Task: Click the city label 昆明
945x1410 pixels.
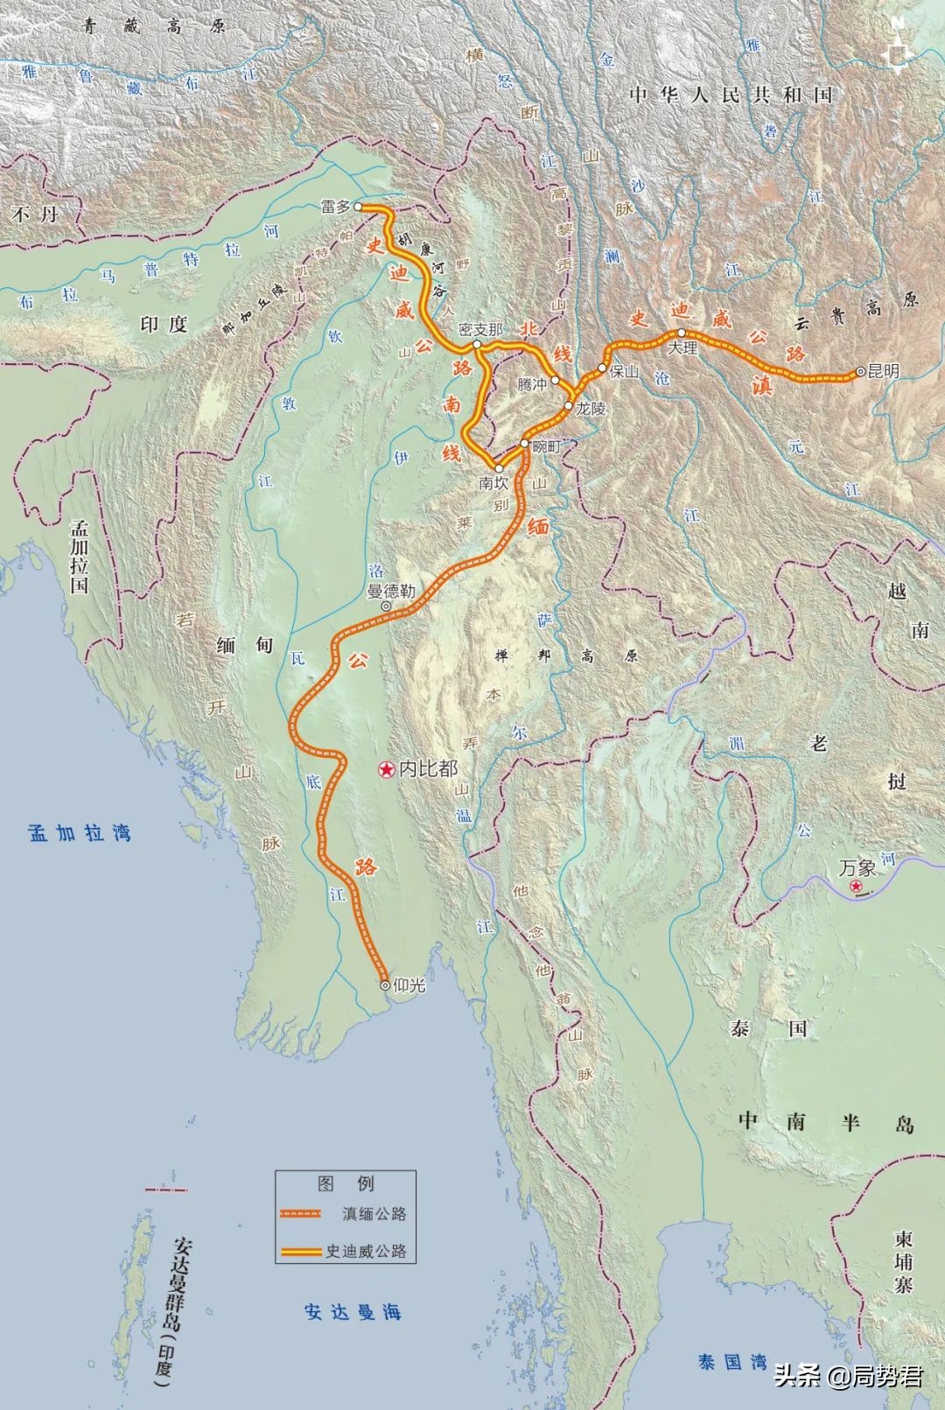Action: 883,371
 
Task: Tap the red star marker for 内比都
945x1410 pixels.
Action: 385,769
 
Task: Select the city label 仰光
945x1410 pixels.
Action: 409,986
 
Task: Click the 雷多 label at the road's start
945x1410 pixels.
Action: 335,207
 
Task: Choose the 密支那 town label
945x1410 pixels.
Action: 481,329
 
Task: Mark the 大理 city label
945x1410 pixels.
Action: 682,347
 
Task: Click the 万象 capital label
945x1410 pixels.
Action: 857,868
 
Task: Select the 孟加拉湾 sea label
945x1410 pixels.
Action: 80,833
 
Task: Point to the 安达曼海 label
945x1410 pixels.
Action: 353,1312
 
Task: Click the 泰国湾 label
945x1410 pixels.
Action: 732,1362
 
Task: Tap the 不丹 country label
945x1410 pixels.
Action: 36,214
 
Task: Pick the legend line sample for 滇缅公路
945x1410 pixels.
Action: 301,1214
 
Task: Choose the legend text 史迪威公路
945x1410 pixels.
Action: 366,1252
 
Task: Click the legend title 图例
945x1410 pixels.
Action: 346,1183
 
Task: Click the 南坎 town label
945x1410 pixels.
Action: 493,482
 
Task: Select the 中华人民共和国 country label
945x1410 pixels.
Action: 731,95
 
